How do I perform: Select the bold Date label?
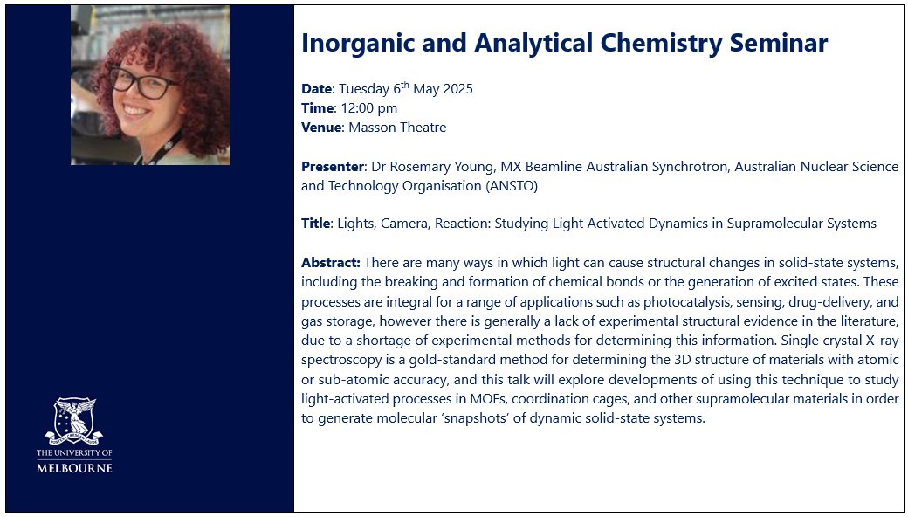click(316, 89)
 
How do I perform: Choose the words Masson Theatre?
click(397, 128)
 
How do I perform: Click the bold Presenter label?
click(332, 166)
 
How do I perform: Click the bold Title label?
click(315, 224)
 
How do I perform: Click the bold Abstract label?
click(330, 262)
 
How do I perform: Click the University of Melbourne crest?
click(74, 421)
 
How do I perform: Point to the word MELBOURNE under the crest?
click(74, 468)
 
